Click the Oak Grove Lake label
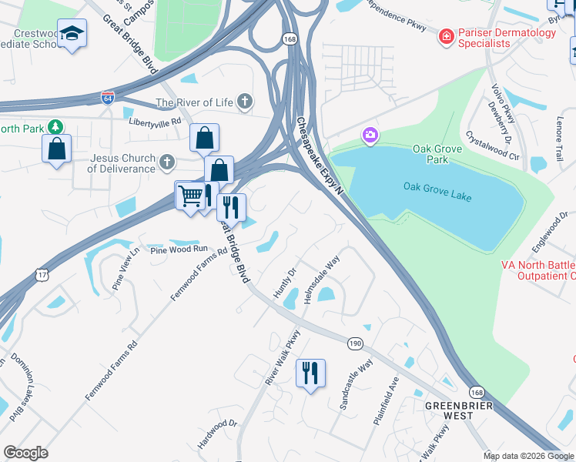437,191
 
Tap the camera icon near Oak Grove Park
370,136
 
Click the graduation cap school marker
72,33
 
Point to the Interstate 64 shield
107,98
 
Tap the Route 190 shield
354,343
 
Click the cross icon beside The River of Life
245,102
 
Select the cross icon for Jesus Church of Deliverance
166,162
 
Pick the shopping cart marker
189,196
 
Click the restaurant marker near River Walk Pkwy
310,373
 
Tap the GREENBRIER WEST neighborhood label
448,410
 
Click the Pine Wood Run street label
179,249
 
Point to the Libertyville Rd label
155,122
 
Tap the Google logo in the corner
25,453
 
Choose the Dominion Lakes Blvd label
24,386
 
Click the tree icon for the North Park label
55,127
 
